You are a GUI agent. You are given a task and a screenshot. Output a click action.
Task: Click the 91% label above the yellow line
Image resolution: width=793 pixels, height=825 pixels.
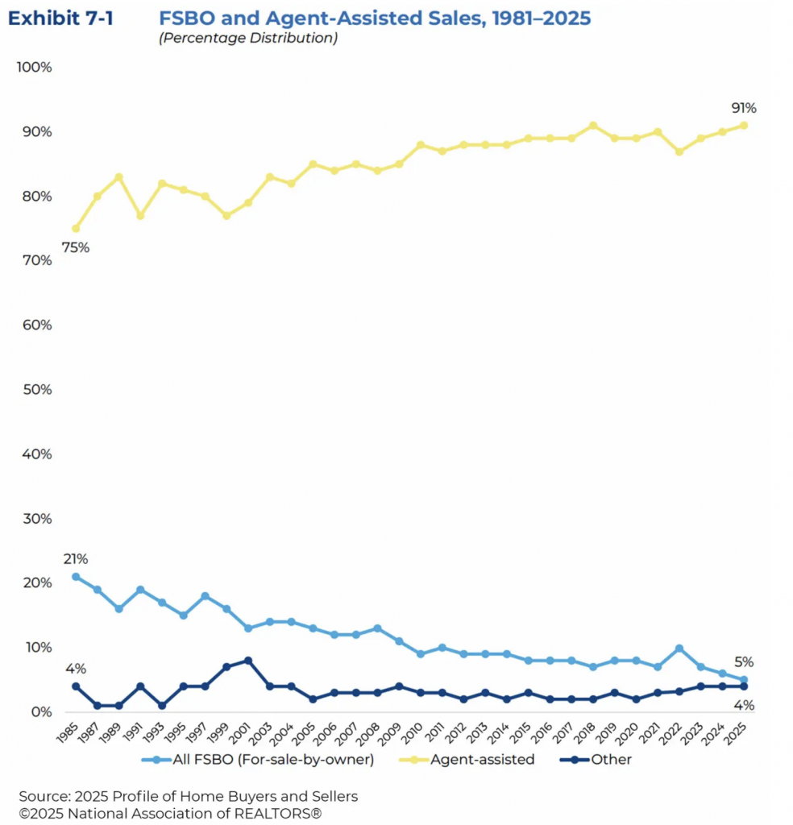pos(744,109)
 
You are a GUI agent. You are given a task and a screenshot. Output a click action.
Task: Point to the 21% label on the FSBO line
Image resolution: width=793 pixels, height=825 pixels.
pos(76,559)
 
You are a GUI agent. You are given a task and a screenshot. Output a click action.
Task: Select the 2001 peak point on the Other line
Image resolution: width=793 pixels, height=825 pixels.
pos(248,661)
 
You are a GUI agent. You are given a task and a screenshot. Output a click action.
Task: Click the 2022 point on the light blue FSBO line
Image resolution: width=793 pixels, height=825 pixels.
pos(679,649)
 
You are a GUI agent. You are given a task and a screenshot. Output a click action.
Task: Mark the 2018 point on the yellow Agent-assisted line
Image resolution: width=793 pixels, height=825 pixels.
pos(593,126)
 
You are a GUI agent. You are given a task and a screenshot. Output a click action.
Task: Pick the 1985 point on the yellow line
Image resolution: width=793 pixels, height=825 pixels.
pos(76,229)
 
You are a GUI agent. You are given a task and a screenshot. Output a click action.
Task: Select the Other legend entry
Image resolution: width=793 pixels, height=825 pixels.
pos(610,759)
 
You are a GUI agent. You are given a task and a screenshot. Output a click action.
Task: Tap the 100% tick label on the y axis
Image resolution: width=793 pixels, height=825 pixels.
pos(34,67)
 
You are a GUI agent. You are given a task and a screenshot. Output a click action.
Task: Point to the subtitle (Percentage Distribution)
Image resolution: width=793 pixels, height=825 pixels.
pos(247,38)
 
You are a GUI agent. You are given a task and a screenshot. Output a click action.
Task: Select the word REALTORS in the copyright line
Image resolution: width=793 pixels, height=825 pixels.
pos(283,814)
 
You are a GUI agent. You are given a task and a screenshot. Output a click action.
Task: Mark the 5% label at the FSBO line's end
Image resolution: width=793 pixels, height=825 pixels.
pos(744,662)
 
